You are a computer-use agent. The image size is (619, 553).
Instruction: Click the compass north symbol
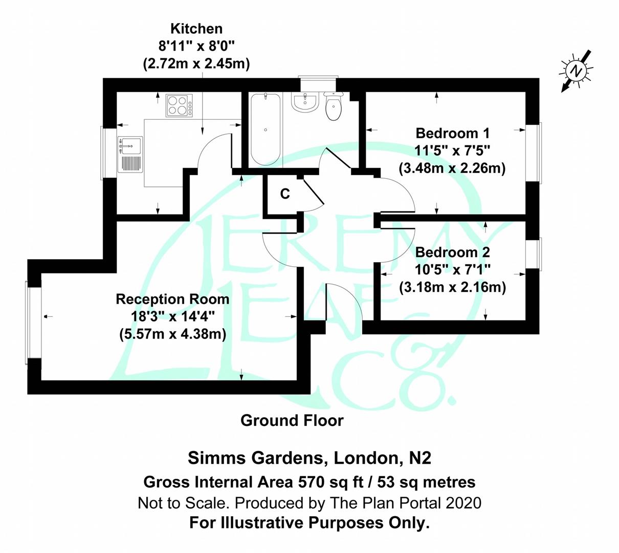pos(577,71)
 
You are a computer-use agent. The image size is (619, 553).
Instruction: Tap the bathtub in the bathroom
pos(265,129)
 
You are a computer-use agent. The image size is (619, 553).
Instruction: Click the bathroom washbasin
pos(305,101)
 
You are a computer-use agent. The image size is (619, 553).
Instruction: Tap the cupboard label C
pos(285,194)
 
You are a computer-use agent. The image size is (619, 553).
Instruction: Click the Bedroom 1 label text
pos(452,134)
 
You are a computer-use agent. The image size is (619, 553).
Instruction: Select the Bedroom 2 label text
pos(452,252)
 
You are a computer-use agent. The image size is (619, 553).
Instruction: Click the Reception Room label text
pos(172,299)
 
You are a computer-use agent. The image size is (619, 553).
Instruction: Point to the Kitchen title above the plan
pos(196,29)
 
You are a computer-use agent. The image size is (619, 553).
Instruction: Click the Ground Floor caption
pos(292,421)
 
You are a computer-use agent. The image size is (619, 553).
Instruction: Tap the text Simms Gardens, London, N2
pos(309,457)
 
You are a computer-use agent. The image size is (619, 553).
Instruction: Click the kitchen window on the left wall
pos(109,152)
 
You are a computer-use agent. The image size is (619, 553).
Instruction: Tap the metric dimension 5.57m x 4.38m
pos(172,334)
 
